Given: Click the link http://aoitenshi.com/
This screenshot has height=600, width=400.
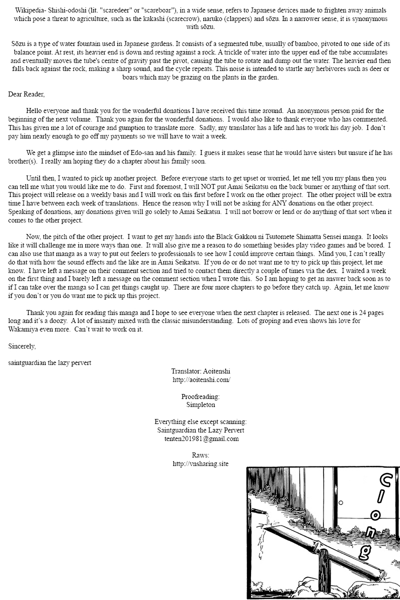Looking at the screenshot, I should click(200, 379).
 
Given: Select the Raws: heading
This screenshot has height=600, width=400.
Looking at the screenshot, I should click(200, 455).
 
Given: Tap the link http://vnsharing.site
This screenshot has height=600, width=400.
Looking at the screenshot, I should click(200, 464).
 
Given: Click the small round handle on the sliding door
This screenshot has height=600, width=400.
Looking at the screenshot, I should click(340, 502).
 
